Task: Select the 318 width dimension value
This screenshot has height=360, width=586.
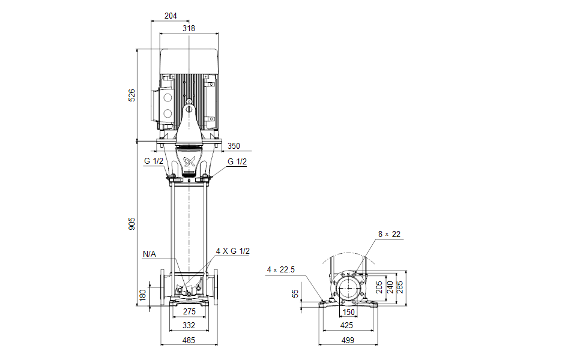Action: (189, 28)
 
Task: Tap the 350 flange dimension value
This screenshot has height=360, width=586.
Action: (234, 146)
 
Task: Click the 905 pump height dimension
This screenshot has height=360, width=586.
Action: (132, 223)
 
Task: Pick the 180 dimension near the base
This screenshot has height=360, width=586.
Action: (142, 295)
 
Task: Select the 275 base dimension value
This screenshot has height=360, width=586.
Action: (189, 312)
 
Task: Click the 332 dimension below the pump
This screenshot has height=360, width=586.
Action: (189, 325)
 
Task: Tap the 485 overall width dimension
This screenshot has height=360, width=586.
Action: (189, 340)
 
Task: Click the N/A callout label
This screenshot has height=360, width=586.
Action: (149, 254)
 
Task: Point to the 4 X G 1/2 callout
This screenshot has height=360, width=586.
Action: (233, 251)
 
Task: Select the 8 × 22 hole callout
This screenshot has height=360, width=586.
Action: (389, 234)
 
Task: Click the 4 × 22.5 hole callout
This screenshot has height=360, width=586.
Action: (280, 270)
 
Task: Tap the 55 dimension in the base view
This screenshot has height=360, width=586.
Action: (295, 293)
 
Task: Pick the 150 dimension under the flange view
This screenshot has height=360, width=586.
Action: (349, 313)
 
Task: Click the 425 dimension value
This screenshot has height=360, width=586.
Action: (347, 325)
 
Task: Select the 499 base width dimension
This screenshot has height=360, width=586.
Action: (348, 340)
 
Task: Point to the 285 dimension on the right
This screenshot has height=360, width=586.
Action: (400, 287)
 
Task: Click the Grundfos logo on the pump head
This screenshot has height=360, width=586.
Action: (189, 161)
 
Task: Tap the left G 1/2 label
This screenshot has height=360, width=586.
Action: (153, 161)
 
